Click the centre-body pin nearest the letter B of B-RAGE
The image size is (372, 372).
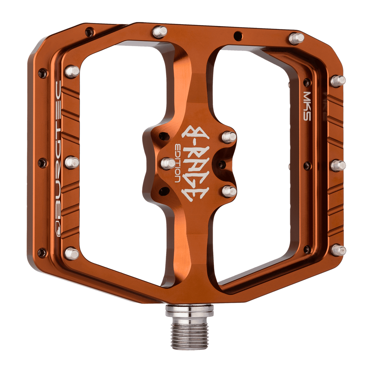[229, 137]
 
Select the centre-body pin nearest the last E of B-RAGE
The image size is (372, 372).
[229, 191]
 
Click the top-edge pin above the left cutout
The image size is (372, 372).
[160, 32]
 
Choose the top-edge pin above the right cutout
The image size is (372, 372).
[296, 38]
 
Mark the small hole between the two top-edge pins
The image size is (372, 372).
[237, 36]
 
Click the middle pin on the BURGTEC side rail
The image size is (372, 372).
[72, 163]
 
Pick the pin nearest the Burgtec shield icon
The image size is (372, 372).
[71, 253]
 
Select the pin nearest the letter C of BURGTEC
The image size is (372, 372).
[72, 71]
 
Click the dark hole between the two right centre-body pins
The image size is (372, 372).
[222, 164]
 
